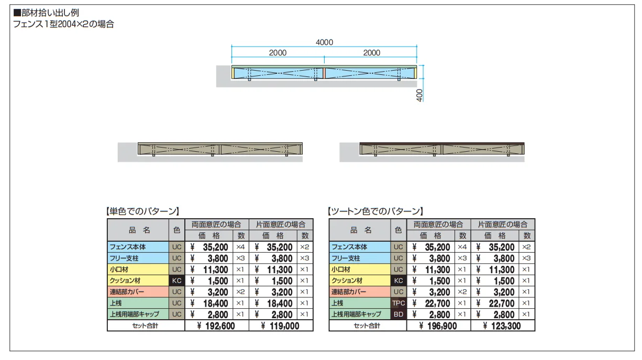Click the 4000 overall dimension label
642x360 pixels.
click(324, 42)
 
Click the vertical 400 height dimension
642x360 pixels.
click(419, 95)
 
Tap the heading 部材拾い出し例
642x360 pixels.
click(50, 13)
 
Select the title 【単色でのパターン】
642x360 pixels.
click(143, 211)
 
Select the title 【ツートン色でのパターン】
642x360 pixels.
click(375, 211)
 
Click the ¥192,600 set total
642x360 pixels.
click(216, 325)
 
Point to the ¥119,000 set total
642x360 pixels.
click(280, 325)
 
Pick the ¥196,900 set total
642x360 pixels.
click(438, 325)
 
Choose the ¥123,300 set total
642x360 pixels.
click(502, 325)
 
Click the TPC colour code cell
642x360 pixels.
click(399, 303)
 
